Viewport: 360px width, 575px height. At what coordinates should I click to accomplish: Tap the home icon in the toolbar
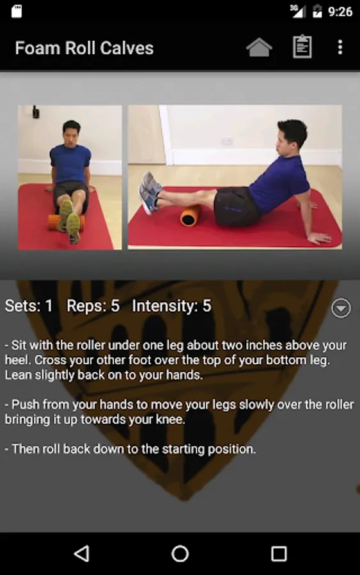[x=259, y=48]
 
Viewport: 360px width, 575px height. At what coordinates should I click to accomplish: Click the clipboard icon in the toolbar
[x=302, y=47]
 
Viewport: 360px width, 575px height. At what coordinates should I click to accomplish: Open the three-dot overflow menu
[x=340, y=47]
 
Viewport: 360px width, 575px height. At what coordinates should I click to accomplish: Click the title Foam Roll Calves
[x=84, y=48]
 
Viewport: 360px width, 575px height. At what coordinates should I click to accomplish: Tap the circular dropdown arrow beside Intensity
[x=341, y=308]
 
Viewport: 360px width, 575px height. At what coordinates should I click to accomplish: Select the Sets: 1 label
[x=29, y=306]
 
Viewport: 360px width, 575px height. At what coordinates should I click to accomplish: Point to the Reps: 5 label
[x=93, y=306]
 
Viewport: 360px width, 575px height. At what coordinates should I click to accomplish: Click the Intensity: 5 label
[x=172, y=306]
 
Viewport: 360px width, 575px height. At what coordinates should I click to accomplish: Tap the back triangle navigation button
[x=82, y=553]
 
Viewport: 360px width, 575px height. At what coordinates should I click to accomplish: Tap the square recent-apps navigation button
[x=279, y=554]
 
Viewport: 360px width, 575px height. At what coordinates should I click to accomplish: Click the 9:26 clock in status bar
[x=340, y=11]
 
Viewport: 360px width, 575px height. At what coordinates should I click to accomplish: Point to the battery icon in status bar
[x=317, y=11]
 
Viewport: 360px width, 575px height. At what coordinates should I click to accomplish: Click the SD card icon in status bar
[x=16, y=11]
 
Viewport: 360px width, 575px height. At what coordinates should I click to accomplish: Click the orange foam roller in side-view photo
[x=191, y=216]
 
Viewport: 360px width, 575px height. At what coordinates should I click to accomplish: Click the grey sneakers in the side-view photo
[x=150, y=192]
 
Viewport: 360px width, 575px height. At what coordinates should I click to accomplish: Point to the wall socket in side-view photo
[x=226, y=141]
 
